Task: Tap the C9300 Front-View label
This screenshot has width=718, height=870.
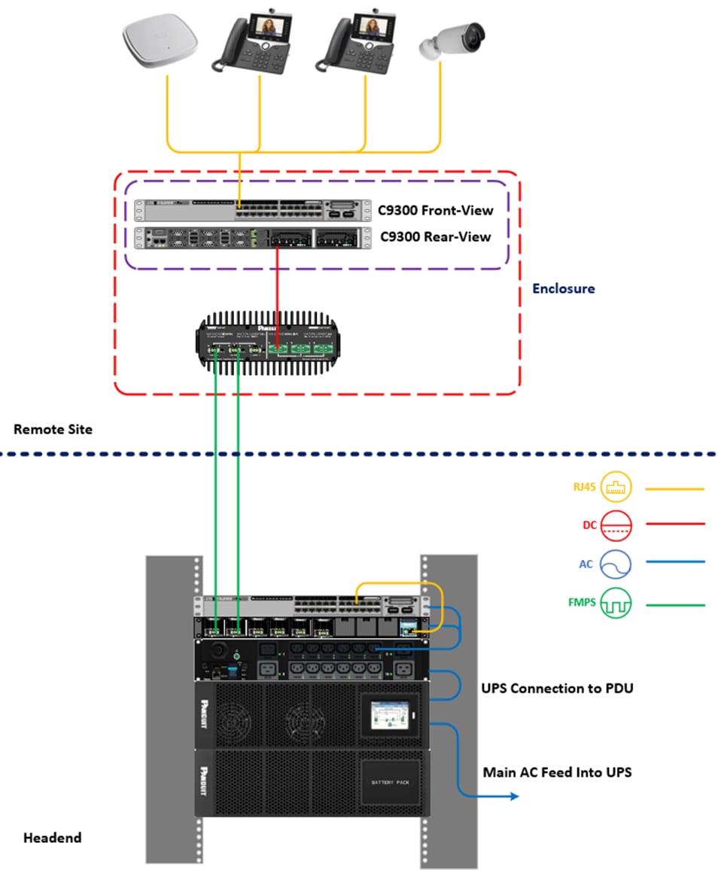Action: tap(436, 211)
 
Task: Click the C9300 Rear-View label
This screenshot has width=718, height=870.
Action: tap(436, 236)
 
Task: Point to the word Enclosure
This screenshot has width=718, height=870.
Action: tap(563, 288)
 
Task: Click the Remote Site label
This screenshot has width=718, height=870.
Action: tap(53, 430)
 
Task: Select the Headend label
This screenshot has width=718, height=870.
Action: tap(52, 838)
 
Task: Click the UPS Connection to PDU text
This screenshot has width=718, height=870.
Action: tap(557, 688)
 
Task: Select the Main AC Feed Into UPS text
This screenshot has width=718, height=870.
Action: tap(557, 772)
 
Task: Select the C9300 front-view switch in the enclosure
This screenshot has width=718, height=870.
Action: tap(253, 210)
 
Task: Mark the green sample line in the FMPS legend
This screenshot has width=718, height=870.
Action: tap(674, 604)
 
